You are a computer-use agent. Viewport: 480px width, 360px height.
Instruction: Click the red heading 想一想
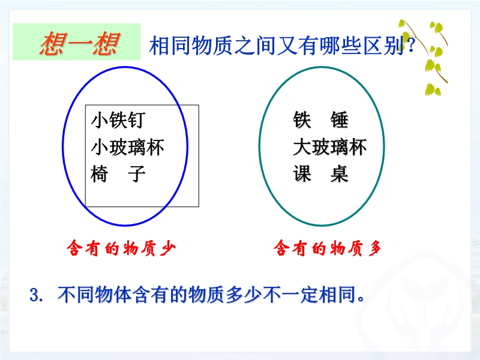[x=79, y=43]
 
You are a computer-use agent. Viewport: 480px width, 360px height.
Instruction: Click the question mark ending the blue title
[x=411, y=46]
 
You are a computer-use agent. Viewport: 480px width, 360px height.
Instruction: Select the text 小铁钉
[x=118, y=119]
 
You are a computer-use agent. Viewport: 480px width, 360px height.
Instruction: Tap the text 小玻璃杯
[x=127, y=147]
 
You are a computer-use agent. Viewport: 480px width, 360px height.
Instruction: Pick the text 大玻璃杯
[x=329, y=147]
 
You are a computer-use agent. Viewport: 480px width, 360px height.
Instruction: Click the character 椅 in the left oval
[x=100, y=174]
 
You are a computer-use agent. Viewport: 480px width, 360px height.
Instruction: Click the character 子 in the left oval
[x=137, y=174]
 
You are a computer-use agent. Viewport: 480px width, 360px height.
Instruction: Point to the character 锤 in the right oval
[x=339, y=119]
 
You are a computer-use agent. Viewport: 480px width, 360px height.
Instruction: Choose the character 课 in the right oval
[x=302, y=174]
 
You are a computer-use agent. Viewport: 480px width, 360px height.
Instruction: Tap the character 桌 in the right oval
[x=339, y=174]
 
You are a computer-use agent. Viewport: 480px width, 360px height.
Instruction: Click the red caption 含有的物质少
[x=121, y=248]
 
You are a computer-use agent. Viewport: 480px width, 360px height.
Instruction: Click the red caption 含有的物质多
[x=328, y=248]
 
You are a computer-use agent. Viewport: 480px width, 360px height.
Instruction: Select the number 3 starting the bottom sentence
[x=34, y=295]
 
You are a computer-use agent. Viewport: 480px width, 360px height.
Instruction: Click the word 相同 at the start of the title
[x=170, y=46]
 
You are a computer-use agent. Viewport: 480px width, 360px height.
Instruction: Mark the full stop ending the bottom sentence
[x=361, y=299]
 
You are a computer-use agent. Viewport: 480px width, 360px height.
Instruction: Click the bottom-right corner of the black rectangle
[x=199, y=206]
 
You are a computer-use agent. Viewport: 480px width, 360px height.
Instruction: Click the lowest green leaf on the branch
[x=432, y=89]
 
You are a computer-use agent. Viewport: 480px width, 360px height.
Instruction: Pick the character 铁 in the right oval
[x=302, y=119]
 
